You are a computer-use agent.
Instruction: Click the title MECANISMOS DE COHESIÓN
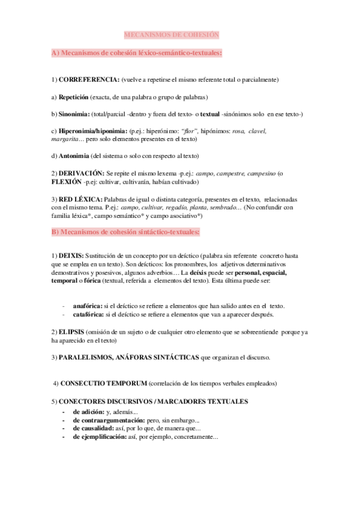tap(172, 35)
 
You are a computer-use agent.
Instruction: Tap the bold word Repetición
tap(73, 97)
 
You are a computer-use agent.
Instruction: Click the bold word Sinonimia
tap(74, 114)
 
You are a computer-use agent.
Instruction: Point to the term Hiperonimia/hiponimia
tap(93, 131)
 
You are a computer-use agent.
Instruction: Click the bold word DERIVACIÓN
tap(82, 173)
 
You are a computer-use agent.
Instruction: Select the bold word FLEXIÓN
tap(67, 181)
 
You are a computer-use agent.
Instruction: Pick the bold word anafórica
tap(87, 306)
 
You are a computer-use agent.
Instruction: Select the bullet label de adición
tap(88, 412)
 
